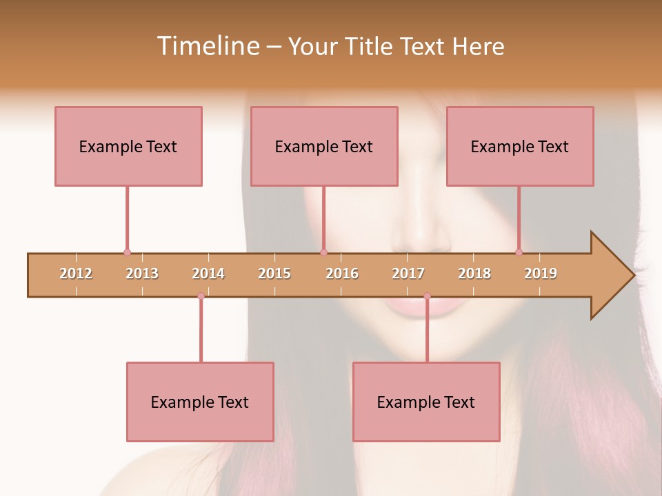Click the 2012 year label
pos(76,274)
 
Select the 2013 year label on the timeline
pos(142,274)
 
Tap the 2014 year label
pos(208,274)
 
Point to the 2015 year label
pos(274,274)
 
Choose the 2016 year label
pos(342,274)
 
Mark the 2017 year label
pos(408,274)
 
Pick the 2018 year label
pos(474,274)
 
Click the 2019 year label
pos(541,274)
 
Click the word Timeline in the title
pos(208,46)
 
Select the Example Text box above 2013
pos(128,146)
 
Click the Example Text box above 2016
pos(324,146)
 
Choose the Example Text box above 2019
pos(520,146)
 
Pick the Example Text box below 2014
pos(200,402)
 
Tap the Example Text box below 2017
pos(426,402)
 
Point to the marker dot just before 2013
pos(127,252)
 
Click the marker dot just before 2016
pos(323,252)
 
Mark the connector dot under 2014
pos(201,296)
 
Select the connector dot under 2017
pos(427,296)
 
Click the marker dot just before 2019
pos(519,252)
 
